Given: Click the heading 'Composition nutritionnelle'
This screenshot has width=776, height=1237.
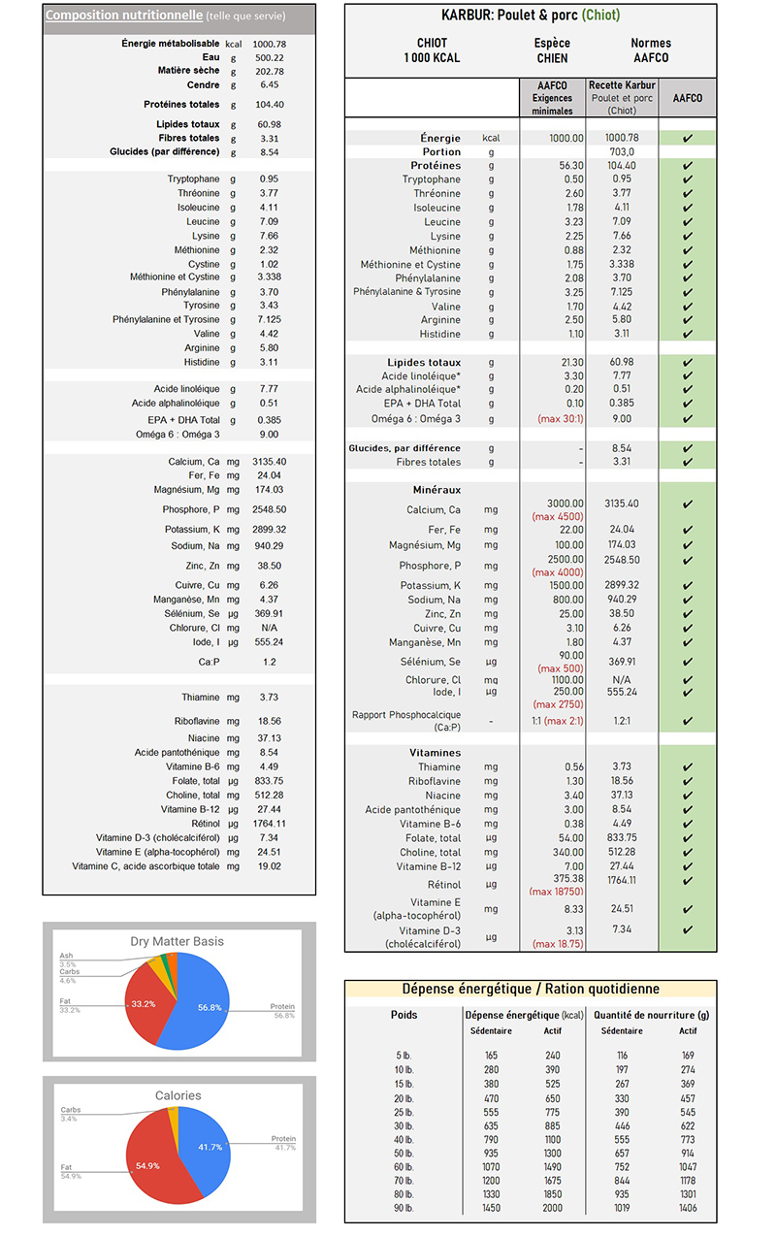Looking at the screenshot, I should [124, 16].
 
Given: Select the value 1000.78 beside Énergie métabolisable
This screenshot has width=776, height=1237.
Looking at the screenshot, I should [269, 44].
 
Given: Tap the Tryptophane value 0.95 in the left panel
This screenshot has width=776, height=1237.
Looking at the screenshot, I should [269, 179].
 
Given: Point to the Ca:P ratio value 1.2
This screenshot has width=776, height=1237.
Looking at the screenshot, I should [269, 662].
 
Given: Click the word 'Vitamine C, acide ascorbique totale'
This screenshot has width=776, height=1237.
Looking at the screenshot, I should [145, 865].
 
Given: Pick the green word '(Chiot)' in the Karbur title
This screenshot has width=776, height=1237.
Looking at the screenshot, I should [600, 15].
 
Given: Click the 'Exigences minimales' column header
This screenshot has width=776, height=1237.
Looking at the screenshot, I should [552, 105].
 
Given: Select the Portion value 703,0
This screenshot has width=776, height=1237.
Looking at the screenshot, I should [621, 152].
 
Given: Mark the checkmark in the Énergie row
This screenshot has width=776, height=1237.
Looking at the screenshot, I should [688, 138].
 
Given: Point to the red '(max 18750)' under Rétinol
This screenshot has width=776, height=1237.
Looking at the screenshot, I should [555, 891].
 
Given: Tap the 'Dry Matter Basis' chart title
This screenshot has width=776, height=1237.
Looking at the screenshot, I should [178, 941].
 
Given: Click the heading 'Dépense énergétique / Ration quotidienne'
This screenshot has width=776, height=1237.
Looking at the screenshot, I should [531, 989].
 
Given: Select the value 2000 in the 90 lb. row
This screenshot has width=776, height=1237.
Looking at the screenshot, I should [552, 1208].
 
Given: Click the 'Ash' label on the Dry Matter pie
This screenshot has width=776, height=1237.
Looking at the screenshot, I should [67, 956].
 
